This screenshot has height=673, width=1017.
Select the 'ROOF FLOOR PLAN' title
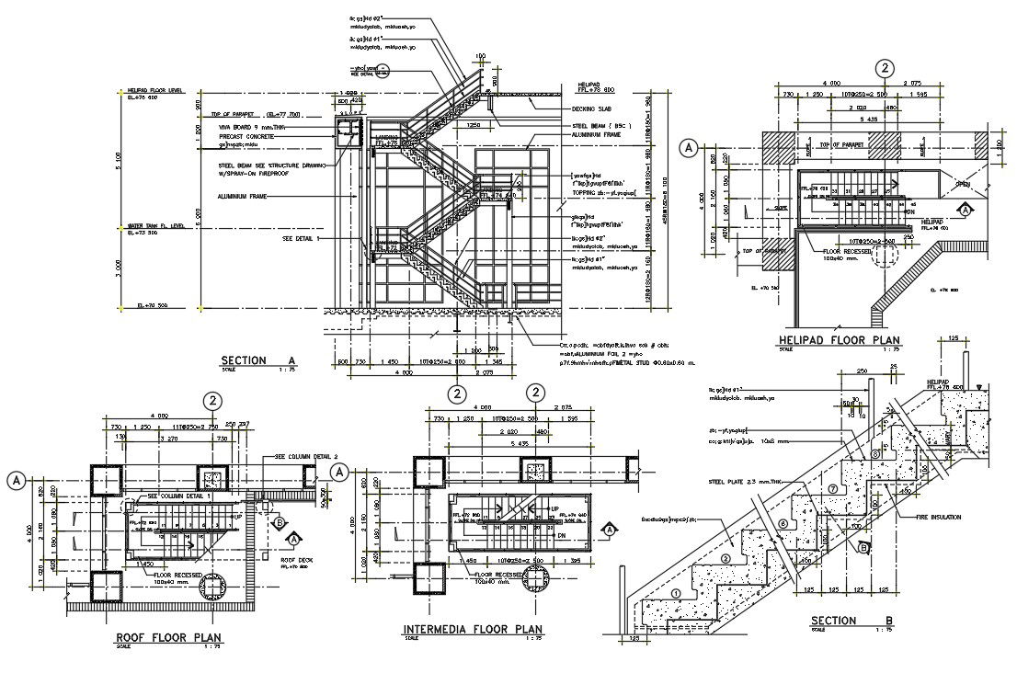tap(167, 636)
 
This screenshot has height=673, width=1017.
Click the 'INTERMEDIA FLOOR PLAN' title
tap(473, 630)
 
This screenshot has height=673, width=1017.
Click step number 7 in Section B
tap(834, 488)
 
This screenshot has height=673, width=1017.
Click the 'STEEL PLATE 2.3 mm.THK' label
tap(743, 480)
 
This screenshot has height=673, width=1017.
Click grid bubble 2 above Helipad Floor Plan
tap(885, 69)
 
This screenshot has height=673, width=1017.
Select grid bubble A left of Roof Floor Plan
tap(17, 478)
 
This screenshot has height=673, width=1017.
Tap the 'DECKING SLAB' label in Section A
tap(593, 108)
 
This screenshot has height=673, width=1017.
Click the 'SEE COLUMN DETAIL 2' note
tap(306, 456)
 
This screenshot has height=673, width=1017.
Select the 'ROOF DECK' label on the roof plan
tap(295, 559)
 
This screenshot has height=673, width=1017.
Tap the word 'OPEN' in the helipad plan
tap(963, 184)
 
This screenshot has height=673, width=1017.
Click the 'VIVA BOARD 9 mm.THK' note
tap(247, 129)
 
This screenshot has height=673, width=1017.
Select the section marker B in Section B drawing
tap(863, 548)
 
